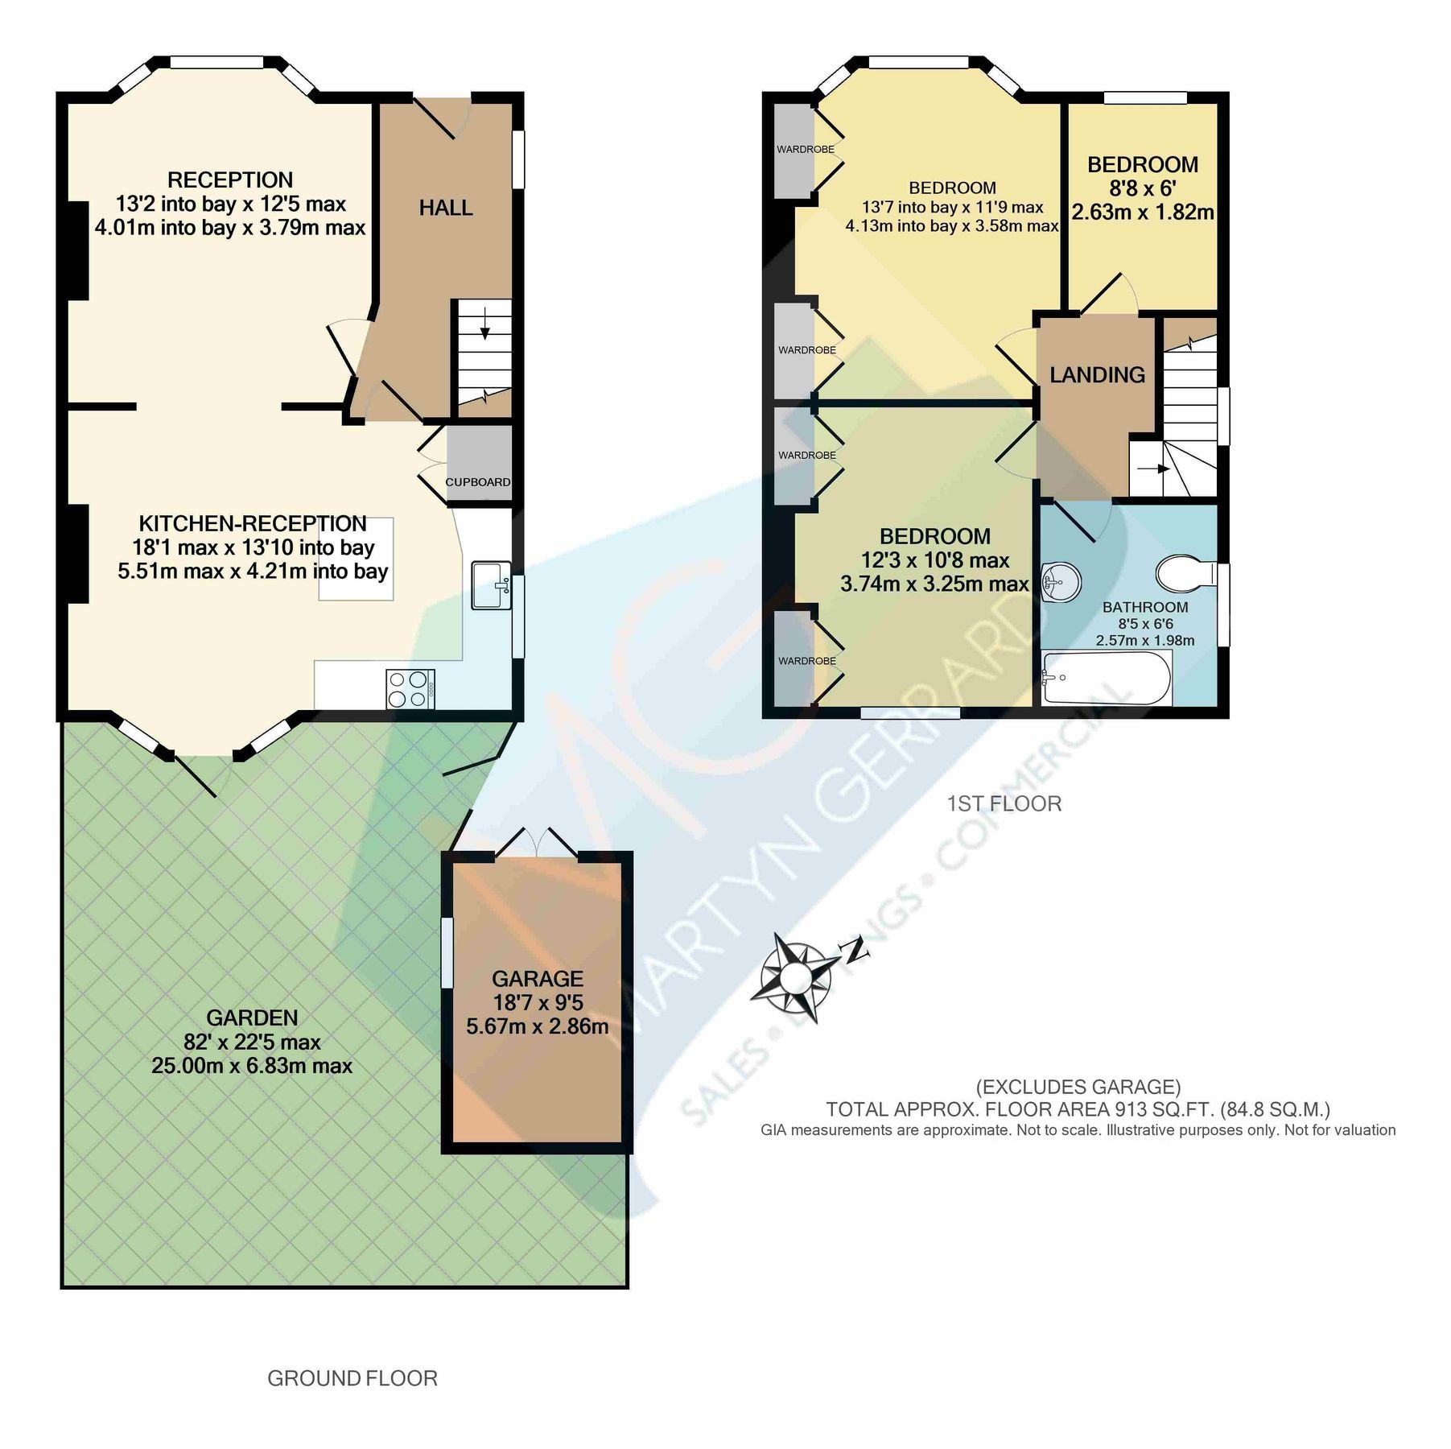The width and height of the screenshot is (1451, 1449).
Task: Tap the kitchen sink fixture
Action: pyautogui.click(x=491, y=585)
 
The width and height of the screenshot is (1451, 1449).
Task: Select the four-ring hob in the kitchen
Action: pyautogui.click(x=410, y=689)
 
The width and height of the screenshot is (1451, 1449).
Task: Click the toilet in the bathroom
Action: pyautogui.click(x=1185, y=574)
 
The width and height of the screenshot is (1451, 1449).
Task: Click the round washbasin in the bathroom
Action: pyautogui.click(x=1061, y=581)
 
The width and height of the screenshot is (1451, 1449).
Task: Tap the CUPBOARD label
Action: pyautogui.click(x=478, y=482)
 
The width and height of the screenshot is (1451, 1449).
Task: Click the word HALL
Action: pyautogui.click(x=446, y=208)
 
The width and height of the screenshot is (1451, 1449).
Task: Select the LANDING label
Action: pyautogui.click(x=1097, y=374)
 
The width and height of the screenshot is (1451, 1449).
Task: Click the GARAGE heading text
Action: pyautogui.click(x=537, y=979)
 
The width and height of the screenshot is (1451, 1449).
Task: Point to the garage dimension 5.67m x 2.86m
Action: pyautogui.click(x=537, y=1026)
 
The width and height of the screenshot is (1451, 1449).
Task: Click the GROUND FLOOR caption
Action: pyautogui.click(x=352, y=1379)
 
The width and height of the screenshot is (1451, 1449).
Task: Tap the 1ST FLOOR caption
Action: pyautogui.click(x=1004, y=803)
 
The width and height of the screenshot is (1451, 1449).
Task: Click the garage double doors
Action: pyautogui.click(x=538, y=844)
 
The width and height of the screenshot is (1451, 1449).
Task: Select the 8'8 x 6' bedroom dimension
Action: pyautogui.click(x=1142, y=188)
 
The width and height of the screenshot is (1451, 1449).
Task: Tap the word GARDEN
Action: pyautogui.click(x=252, y=1018)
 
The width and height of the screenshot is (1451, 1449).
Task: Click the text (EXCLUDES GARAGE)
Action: pyautogui.click(x=1078, y=1088)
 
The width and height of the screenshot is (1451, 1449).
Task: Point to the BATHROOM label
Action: pyautogui.click(x=1144, y=607)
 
